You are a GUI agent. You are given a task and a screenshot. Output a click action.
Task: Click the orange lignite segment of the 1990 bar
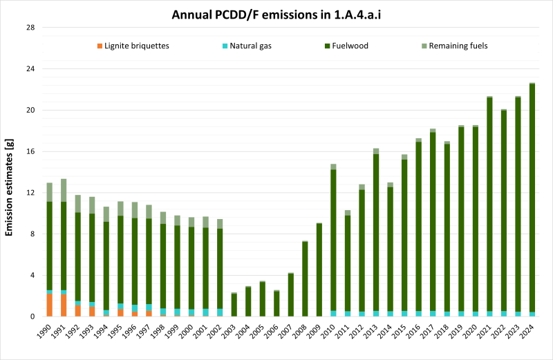[x=50, y=305]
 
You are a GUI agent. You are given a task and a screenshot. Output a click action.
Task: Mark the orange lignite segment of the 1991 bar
[x=64, y=305]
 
